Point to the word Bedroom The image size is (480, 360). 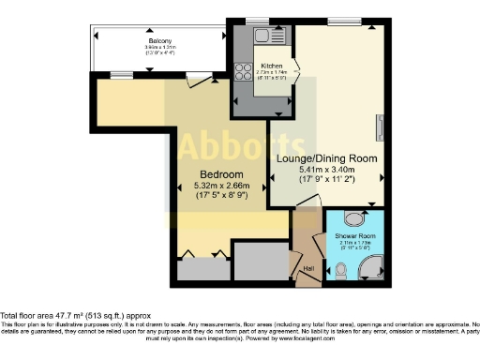[221, 175]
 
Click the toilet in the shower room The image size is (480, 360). [343, 269]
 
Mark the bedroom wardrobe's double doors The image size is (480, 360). [203, 253]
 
